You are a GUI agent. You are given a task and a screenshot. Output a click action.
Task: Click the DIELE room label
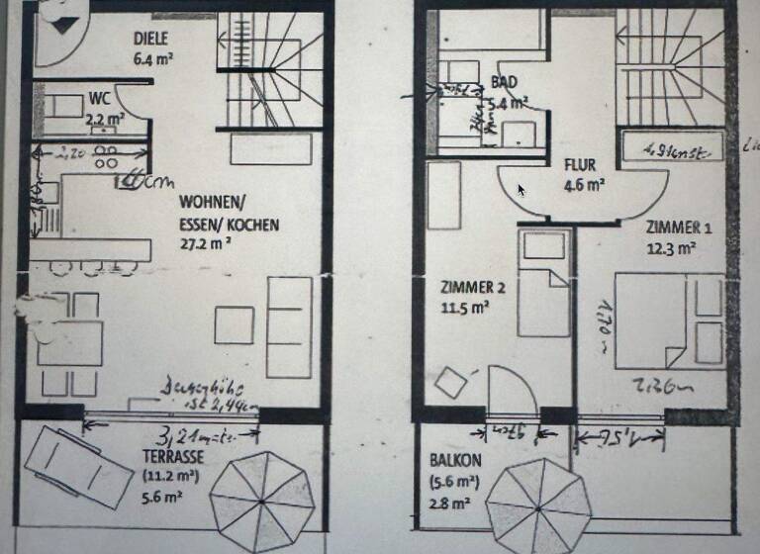pyautogui.click(x=151, y=39)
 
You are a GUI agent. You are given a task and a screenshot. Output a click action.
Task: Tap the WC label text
pyautogui.click(x=99, y=99)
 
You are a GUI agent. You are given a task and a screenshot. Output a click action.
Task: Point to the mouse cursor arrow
pyautogui.click(x=522, y=190)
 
